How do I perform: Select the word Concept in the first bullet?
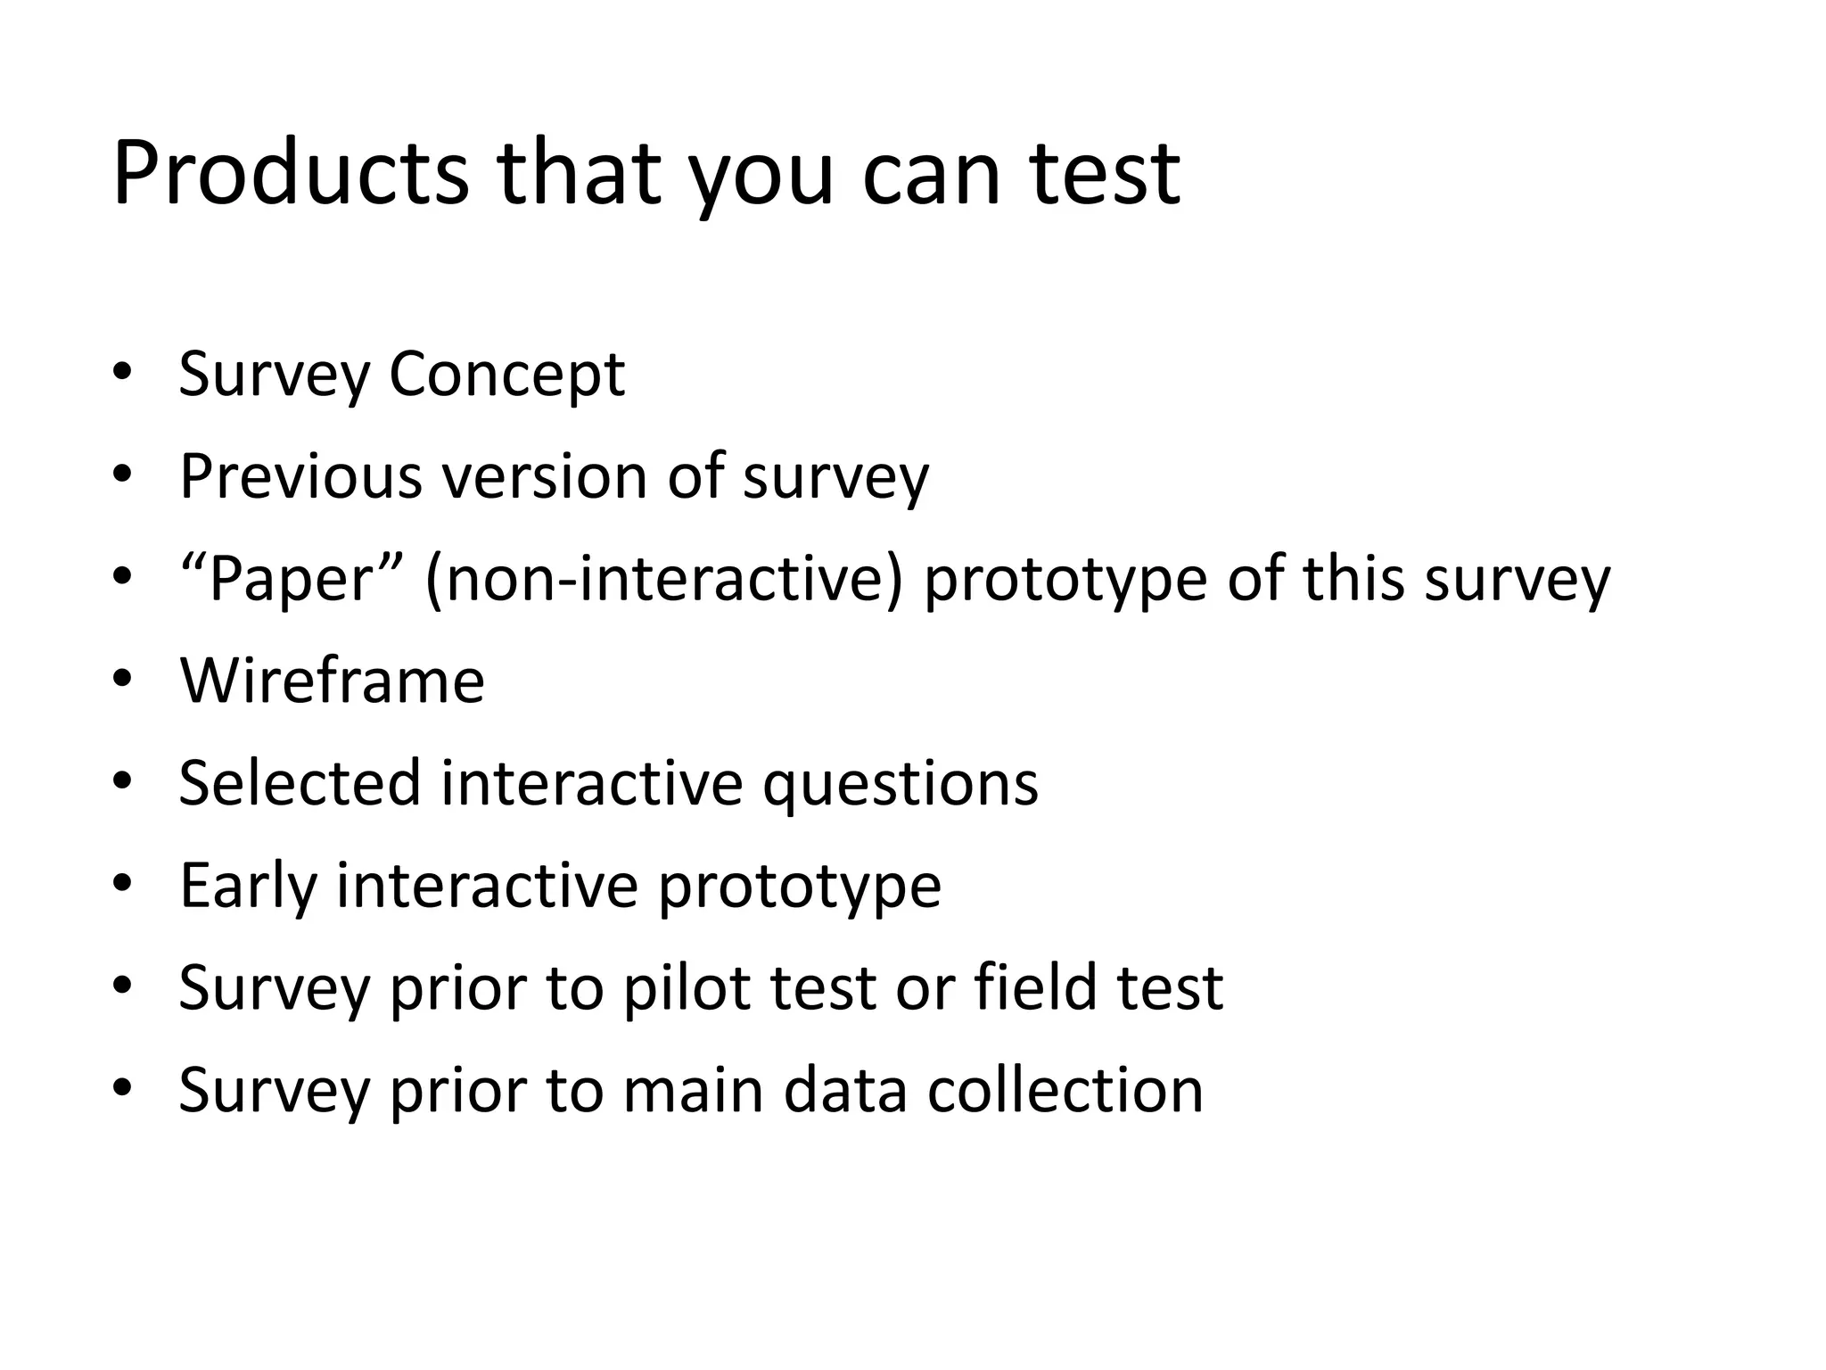tap(506, 374)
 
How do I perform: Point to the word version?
tap(545, 476)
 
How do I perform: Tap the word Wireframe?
tap(332, 681)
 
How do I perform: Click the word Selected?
tap(299, 783)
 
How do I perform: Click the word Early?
tap(248, 886)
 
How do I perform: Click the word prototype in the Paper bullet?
tap(1065, 581)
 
